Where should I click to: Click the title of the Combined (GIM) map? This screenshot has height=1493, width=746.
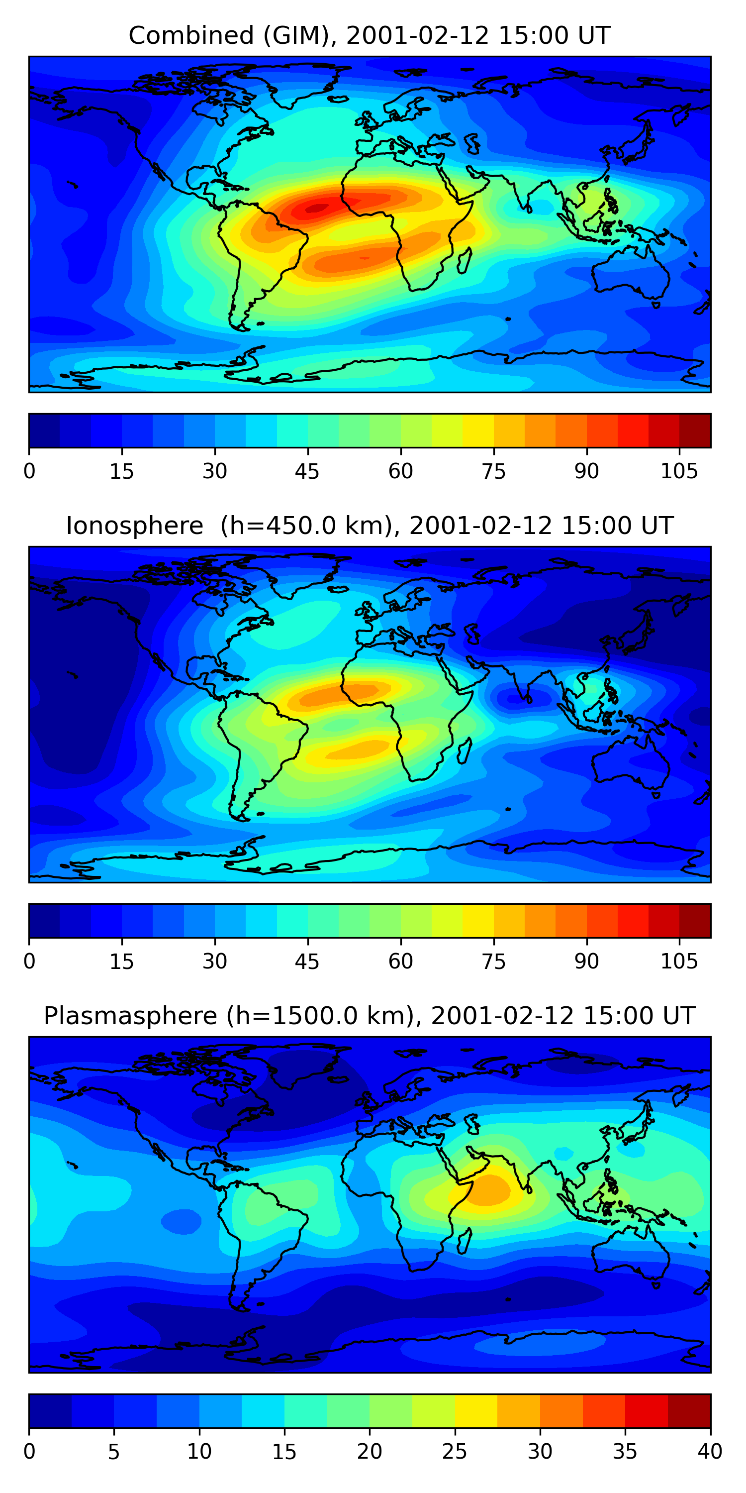click(x=370, y=36)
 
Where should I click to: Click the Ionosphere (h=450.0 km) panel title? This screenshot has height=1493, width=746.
click(x=370, y=526)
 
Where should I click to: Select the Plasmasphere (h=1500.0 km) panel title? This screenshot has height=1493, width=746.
click(x=370, y=1016)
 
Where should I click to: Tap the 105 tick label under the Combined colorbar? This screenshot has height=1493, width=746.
click(x=679, y=472)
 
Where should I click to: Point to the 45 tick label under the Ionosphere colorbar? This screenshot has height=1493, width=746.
click(x=307, y=961)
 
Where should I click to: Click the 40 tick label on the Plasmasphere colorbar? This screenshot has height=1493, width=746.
click(x=710, y=1451)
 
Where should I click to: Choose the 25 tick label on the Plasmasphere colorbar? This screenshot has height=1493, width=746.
click(x=454, y=1451)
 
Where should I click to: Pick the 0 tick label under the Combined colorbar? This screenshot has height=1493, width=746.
click(x=29, y=472)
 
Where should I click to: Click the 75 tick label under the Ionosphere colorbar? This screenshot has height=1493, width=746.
click(x=493, y=961)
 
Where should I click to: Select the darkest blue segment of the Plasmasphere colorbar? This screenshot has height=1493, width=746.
click(x=50, y=1411)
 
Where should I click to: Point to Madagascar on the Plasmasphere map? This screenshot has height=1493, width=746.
click(x=464, y=1241)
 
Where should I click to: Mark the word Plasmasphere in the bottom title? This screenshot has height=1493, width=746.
click(x=130, y=1016)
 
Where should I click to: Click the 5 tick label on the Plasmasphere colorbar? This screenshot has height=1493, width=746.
click(x=113, y=1451)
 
